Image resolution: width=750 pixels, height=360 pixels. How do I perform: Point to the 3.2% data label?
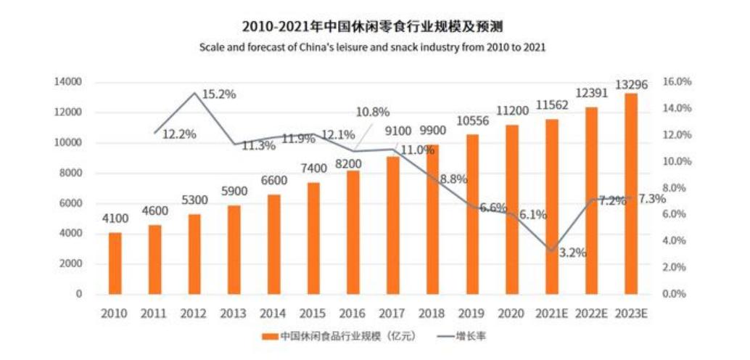(572, 253)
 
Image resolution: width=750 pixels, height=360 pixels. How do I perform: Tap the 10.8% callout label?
(373, 112)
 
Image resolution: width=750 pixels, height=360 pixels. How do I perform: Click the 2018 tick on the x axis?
(432, 314)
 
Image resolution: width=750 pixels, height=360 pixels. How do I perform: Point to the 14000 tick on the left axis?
(67, 82)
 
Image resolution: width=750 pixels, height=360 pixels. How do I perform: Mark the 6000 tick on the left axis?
(70, 203)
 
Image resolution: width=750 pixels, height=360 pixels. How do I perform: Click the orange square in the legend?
(270, 337)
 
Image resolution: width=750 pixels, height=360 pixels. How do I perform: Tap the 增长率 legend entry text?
(469, 337)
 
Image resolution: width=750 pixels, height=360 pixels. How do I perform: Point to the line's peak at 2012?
(194, 93)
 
